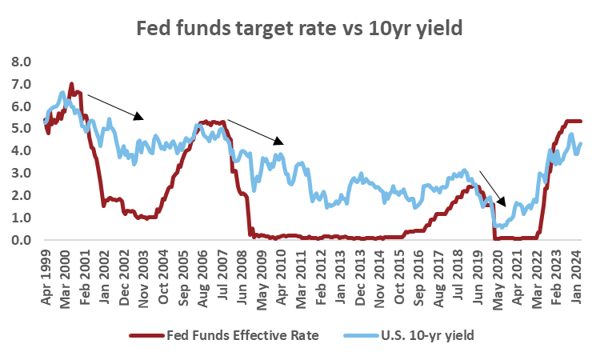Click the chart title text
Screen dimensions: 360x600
pos(300,30)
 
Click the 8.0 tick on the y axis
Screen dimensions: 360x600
pos(20,62)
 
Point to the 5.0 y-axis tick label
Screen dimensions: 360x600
pos(20,129)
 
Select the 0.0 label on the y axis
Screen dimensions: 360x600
pos(20,240)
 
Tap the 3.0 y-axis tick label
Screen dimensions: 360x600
pos(20,174)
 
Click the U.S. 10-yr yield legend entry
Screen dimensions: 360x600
pos(426,334)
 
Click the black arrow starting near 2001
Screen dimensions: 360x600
pos(115,106)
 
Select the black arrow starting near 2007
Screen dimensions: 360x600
pos(256,133)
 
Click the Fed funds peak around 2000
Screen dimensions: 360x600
pos(71,84)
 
